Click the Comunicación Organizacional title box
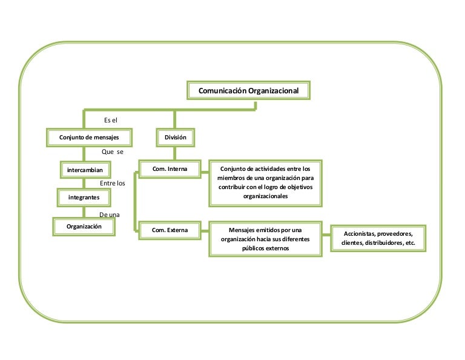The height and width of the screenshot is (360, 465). (x=249, y=91)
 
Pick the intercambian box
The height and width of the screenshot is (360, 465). (x=85, y=169)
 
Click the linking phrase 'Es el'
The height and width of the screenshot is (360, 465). (x=111, y=121)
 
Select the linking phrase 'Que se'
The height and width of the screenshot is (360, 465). (x=111, y=152)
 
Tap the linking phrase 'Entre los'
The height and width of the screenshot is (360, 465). (x=112, y=182)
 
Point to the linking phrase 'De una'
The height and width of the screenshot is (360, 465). (x=109, y=214)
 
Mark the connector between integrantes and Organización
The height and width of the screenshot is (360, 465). (x=84, y=212)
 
